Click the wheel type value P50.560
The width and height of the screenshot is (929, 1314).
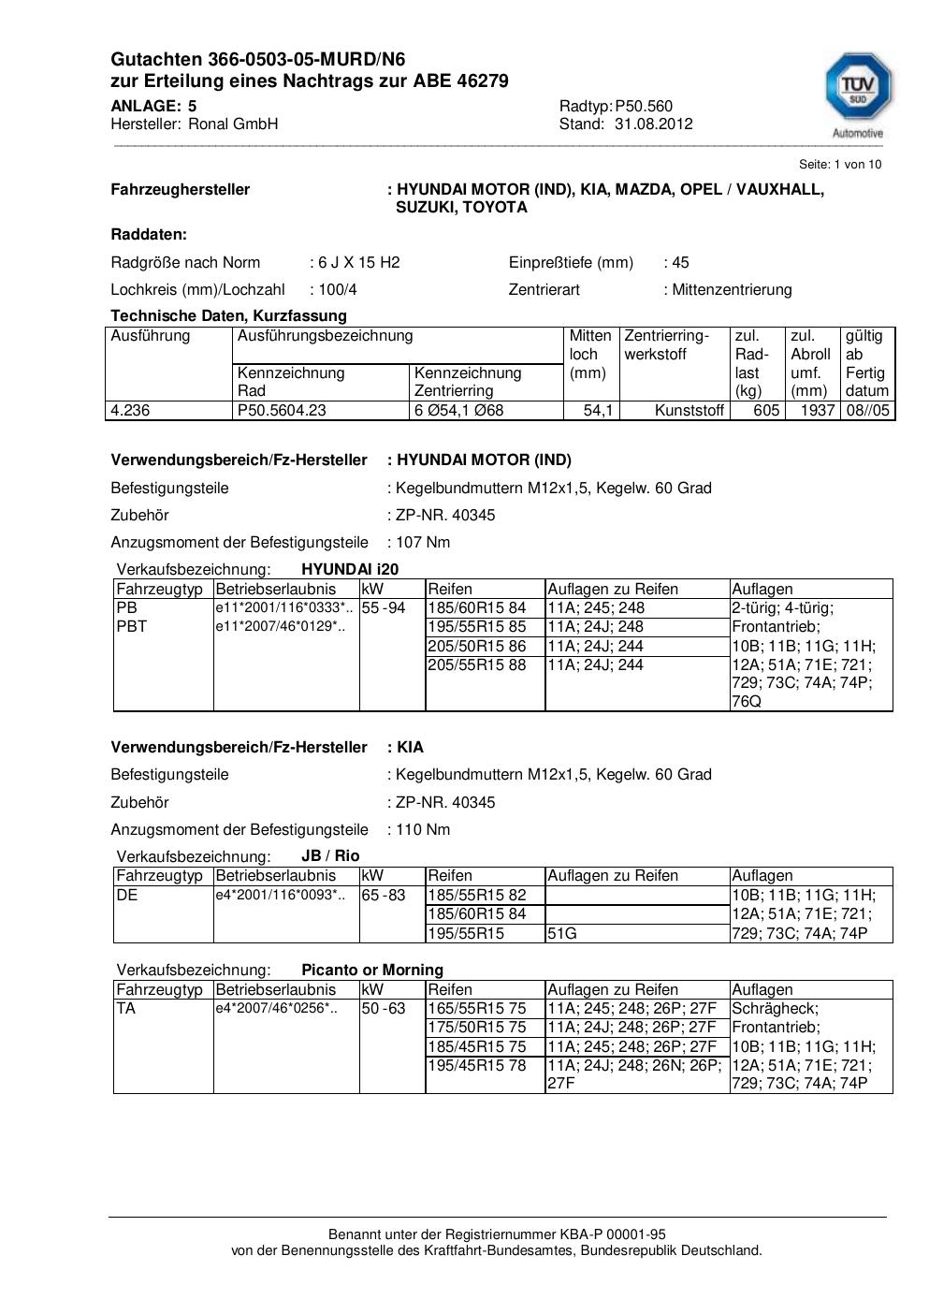pos(644,106)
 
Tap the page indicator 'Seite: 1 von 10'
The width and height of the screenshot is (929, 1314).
pos(839,164)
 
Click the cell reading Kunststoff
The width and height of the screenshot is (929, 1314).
pos(689,410)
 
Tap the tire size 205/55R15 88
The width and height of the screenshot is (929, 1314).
pos(476,664)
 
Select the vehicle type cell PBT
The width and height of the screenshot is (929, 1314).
pos(131,626)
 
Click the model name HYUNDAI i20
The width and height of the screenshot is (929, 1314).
pos(350,569)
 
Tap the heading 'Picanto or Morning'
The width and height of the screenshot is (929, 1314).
pos(372,970)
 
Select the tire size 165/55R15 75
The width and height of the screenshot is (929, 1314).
pos(476,1008)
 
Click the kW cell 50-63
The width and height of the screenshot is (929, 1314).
pos(384,1008)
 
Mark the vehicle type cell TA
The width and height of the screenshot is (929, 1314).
pos(126,1008)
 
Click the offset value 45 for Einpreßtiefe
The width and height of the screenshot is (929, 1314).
pos(680,262)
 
